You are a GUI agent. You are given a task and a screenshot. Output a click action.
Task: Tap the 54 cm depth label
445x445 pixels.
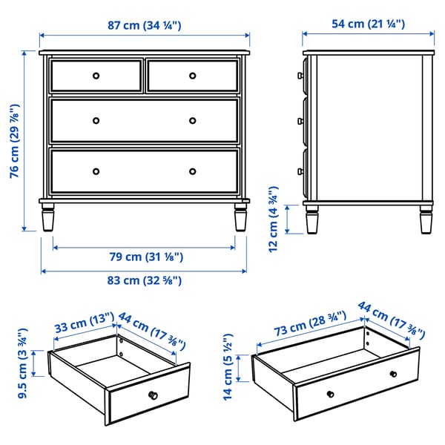coord(369,24)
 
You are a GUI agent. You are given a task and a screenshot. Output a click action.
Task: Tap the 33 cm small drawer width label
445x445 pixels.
coord(82,326)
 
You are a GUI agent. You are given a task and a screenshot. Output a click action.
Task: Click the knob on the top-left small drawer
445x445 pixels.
coord(96,75)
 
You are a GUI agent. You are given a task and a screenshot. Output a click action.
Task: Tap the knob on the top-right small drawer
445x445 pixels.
coord(192,75)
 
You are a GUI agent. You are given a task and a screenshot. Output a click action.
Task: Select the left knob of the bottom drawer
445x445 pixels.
coord(96,171)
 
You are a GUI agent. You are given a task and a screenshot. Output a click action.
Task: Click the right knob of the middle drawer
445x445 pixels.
coord(192,120)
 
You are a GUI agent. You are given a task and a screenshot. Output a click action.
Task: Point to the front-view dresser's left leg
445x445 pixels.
coord(48,218)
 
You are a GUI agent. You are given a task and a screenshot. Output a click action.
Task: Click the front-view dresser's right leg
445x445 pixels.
coord(240,218)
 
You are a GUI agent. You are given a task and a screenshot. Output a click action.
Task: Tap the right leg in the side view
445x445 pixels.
coord(425,218)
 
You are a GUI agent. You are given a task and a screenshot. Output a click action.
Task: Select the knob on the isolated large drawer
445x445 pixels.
coord(393,373)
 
